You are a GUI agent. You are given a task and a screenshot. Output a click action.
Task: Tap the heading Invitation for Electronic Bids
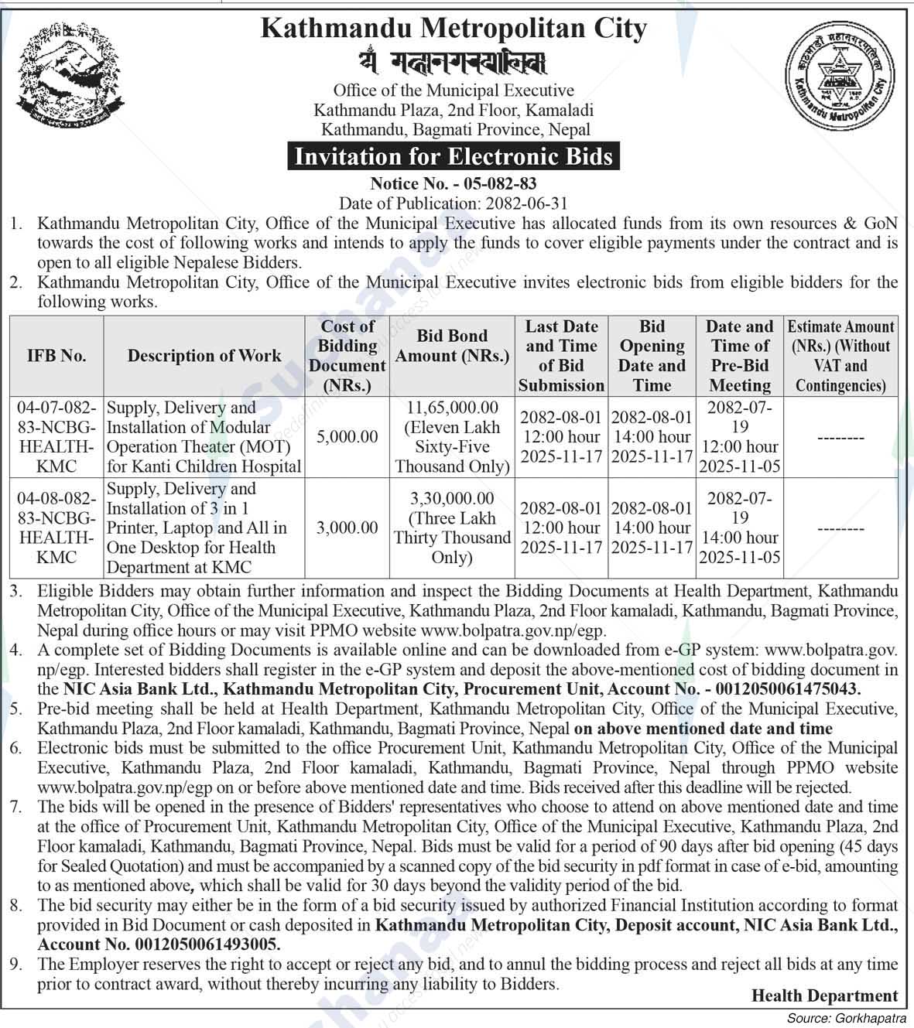tap(454, 157)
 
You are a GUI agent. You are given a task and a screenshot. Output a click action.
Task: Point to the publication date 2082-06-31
tap(526, 203)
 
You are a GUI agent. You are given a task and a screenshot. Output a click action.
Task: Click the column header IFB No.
tap(56, 356)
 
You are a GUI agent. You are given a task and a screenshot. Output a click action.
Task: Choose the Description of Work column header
tap(204, 356)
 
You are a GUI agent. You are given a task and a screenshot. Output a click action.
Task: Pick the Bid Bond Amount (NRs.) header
tap(452, 346)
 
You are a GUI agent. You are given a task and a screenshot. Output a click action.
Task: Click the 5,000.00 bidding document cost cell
tap(347, 437)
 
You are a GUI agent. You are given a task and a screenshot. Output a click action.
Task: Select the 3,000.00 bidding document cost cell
tap(347, 528)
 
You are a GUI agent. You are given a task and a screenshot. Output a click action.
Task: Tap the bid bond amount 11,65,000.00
tap(452, 408)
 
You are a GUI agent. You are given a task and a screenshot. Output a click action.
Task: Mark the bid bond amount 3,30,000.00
tap(452, 499)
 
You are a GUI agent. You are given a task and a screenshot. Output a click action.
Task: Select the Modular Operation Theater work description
tap(204, 437)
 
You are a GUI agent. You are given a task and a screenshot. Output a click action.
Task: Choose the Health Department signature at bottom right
tap(824, 996)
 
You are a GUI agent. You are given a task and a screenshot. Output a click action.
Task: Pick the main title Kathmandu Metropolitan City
tap(454, 29)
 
